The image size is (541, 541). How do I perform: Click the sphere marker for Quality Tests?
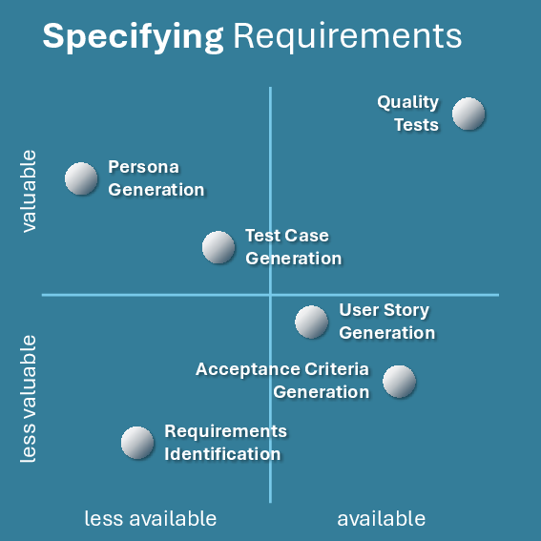click(468, 114)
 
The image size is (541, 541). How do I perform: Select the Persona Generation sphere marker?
click(81, 178)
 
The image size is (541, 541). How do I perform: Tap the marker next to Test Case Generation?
click(218, 247)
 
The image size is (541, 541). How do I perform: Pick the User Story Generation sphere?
click(311, 322)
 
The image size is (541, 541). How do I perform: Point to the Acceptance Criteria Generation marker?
click(399, 382)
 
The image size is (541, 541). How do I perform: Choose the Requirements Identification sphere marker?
click(137, 443)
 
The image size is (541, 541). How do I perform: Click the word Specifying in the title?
click(134, 37)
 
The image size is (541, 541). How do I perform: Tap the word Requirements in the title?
click(347, 37)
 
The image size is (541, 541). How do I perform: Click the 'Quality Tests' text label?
click(407, 114)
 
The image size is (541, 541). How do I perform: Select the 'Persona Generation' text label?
click(156, 178)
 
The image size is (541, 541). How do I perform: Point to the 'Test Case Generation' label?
click(294, 247)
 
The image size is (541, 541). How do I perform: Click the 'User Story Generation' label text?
click(387, 322)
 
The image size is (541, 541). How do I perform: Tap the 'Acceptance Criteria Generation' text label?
click(282, 381)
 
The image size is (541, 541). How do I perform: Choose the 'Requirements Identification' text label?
click(225, 443)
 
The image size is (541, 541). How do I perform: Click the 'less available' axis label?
click(151, 518)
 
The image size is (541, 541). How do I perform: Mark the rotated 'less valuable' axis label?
click(29, 399)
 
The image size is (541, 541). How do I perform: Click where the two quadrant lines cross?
click(270, 295)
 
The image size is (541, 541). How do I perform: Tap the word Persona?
click(143, 167)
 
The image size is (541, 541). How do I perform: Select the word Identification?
click(222, 454)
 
